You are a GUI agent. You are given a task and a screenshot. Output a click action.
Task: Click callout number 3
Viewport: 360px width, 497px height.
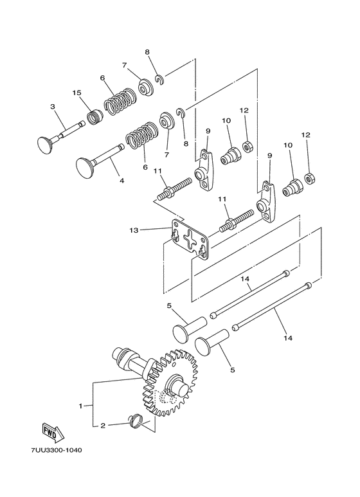point(53,106)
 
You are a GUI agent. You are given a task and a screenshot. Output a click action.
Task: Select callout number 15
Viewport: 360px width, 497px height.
point(77,93)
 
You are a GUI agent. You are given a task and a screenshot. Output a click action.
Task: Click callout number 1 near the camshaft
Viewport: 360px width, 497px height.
point(82,406)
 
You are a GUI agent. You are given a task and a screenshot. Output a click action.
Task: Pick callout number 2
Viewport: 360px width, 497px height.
point(101,425)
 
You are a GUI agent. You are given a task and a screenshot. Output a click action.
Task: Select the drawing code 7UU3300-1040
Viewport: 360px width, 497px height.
point(55,467)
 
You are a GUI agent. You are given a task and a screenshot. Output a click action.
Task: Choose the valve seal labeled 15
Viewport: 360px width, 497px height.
point(95,118)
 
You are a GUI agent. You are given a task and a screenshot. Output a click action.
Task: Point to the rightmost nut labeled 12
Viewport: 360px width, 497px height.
point(309,176)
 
